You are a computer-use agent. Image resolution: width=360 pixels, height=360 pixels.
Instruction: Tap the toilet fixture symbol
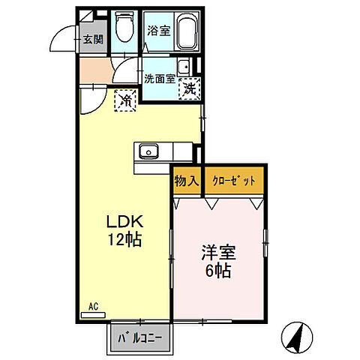124,30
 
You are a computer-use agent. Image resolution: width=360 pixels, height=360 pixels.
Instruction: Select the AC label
94,307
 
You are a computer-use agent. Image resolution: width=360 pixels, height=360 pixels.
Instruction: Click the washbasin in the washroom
183,64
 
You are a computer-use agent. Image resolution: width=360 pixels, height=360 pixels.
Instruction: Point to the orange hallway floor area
94,71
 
